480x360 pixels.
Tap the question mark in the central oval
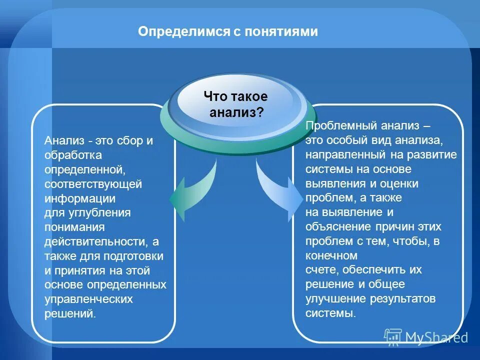260,112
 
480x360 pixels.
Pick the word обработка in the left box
73,155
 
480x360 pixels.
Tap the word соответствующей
93,184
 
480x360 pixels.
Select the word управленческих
88,299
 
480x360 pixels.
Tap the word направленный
345,154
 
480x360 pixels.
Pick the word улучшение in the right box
331,299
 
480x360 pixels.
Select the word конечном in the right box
331,255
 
